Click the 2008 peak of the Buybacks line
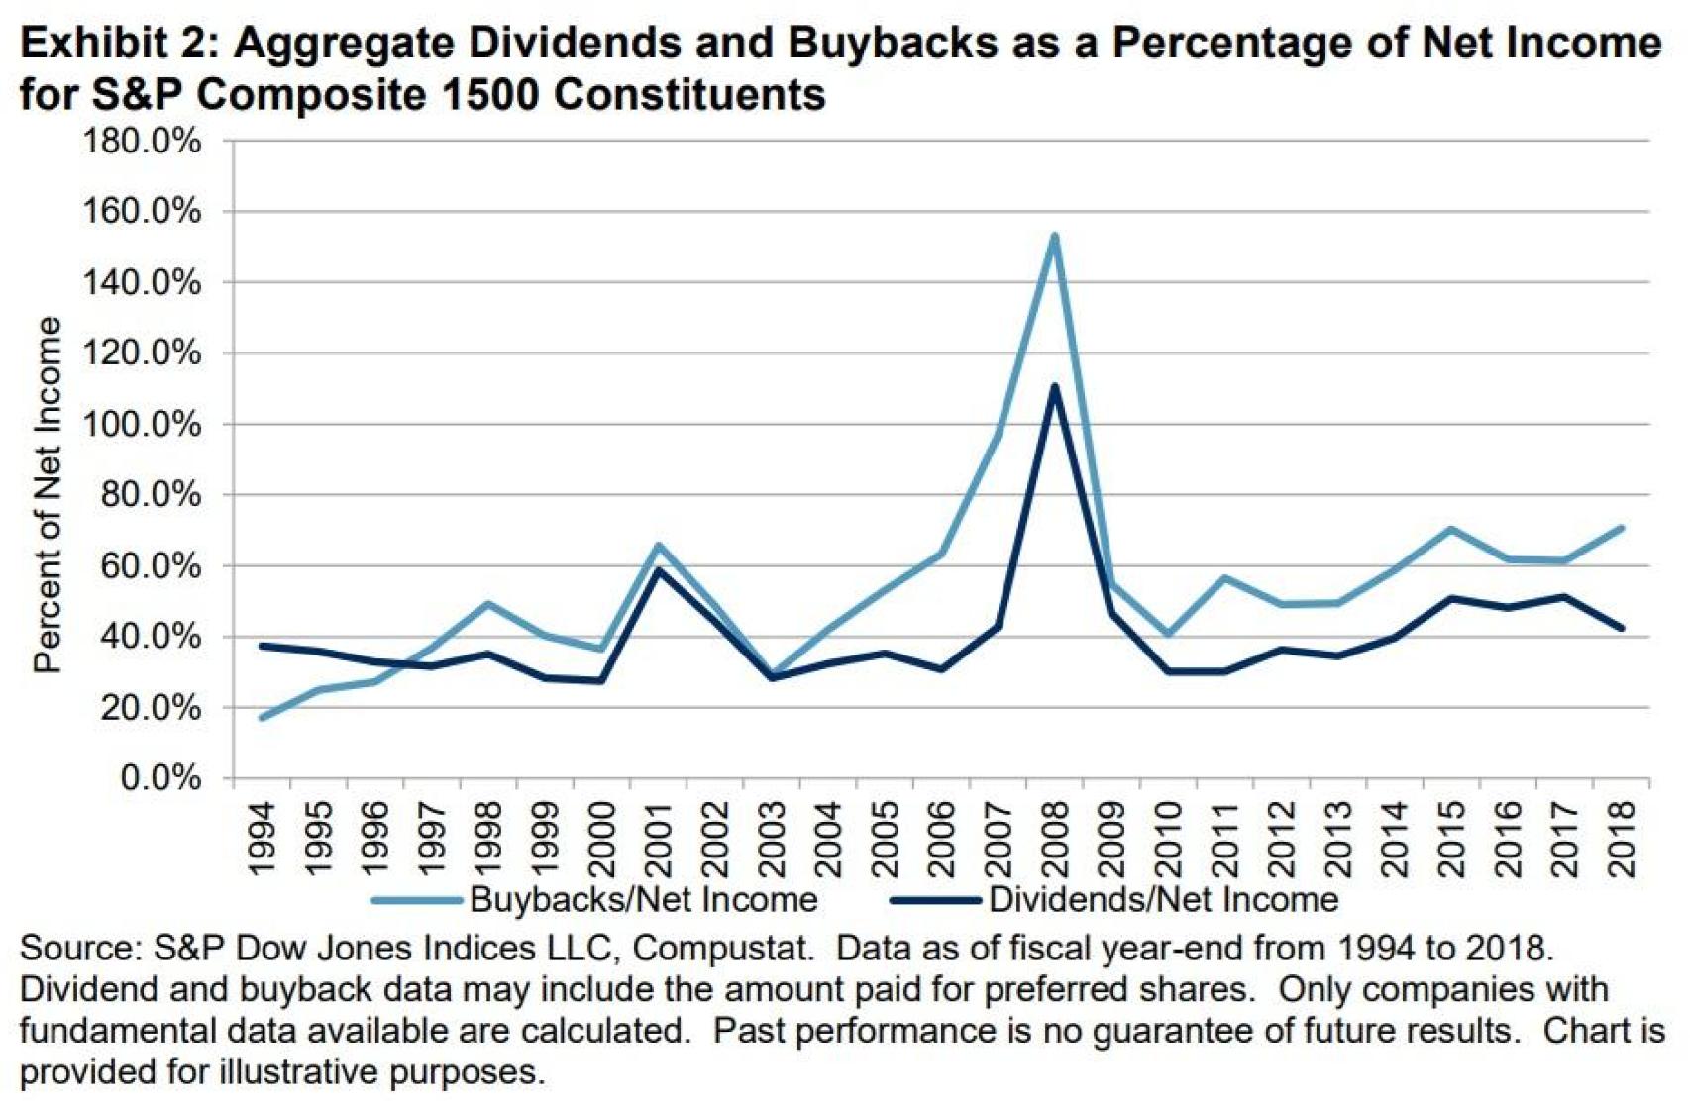click(1054, 236)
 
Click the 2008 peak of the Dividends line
click(1054, 386)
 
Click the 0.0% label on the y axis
click(160, 778)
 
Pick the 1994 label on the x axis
click(262, 840)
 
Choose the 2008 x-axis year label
click(1055, 840)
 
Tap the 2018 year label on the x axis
click(1622, 840)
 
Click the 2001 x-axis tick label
click(659, 840)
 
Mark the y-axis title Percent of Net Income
click(48, 495)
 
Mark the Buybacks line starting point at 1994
click(262, 718)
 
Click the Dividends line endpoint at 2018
click(1621, 628)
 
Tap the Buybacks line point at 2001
click(658, 545)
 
